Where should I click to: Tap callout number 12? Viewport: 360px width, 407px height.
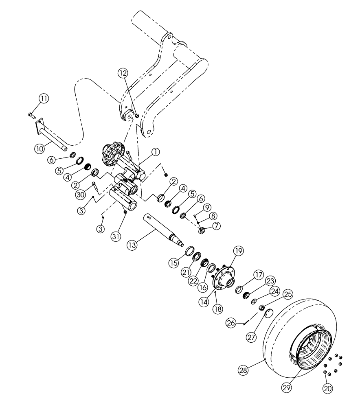tap(123, 73)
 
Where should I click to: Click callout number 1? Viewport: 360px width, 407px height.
tap(154, 152)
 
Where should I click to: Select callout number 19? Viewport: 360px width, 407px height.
tap(238, 252)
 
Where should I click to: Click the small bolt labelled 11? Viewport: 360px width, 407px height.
tap(32, 116)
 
